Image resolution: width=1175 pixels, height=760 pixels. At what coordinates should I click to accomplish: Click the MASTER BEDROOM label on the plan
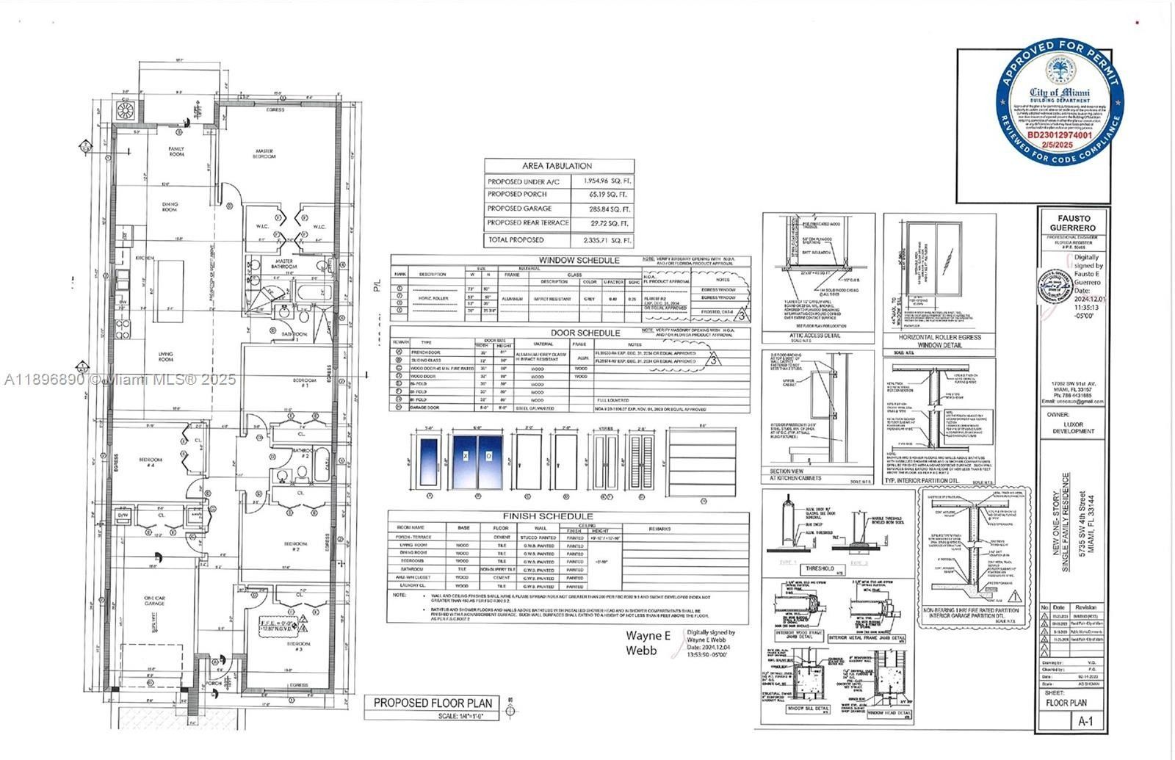coord(264,154)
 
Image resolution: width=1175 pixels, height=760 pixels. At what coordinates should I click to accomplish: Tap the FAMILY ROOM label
coord(176,152)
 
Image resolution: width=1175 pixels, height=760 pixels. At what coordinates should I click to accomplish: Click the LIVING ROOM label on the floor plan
coord(166,357)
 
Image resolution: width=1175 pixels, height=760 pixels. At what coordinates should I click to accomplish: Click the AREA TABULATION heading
coord(557,166)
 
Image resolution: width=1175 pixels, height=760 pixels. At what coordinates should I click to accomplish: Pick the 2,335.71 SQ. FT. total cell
coord(602,240)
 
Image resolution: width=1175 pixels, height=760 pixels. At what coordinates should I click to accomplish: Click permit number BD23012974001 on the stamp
coord(1059,135)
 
